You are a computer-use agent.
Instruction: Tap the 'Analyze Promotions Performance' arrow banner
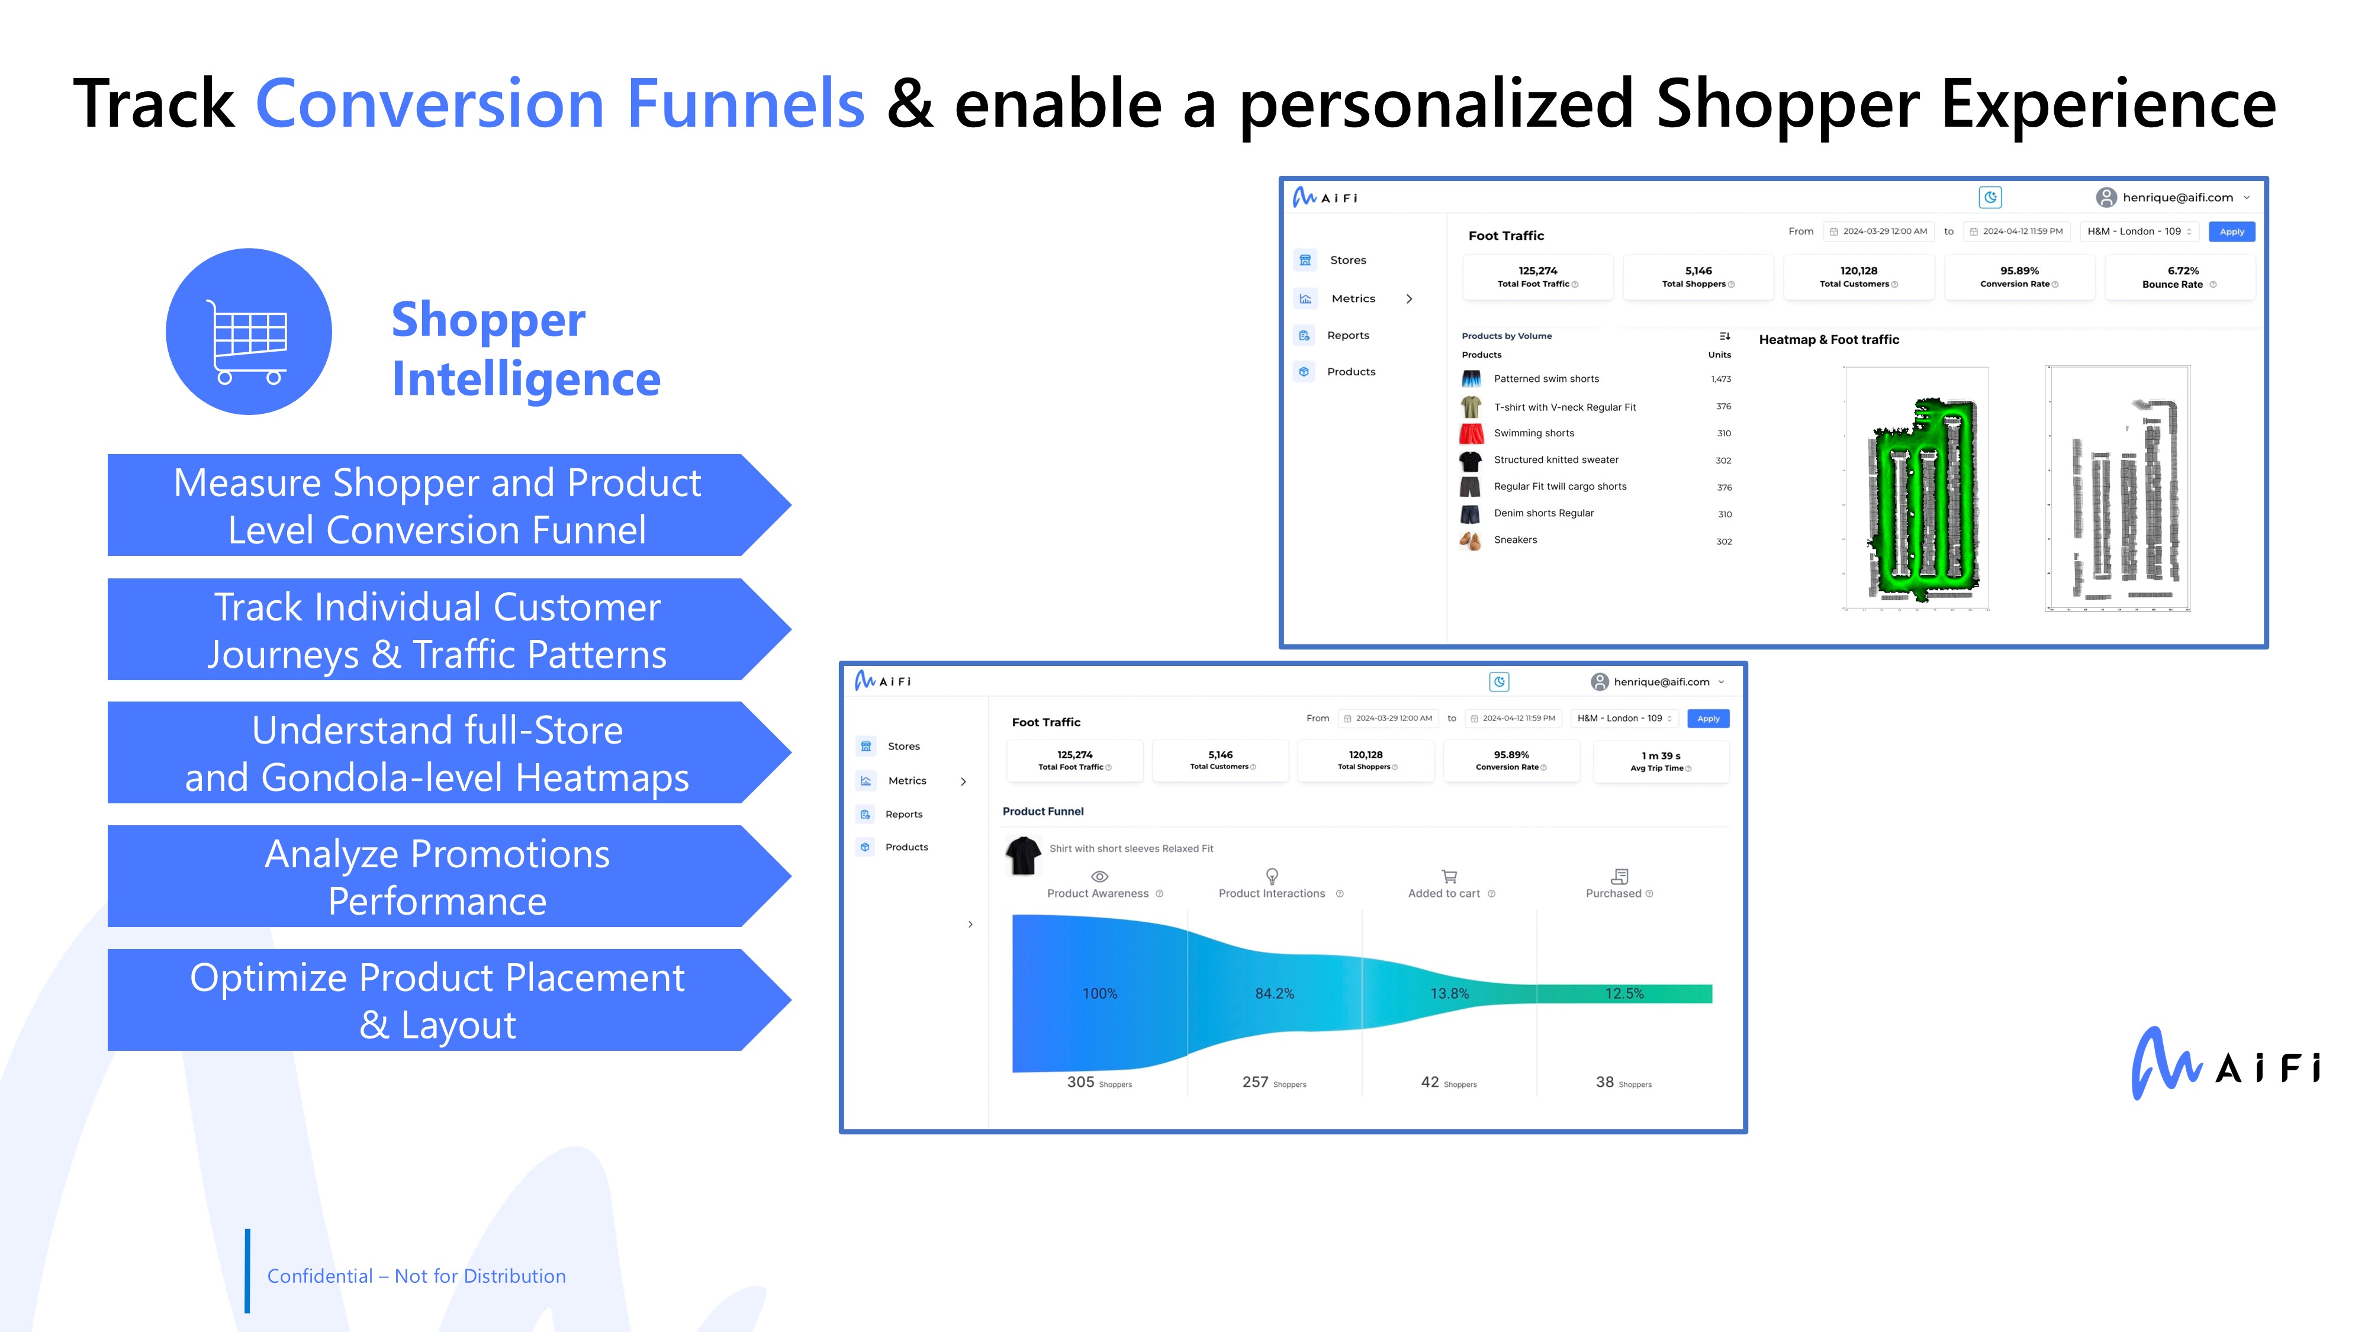(449, 876)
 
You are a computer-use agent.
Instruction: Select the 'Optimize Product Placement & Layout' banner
(449, 1000)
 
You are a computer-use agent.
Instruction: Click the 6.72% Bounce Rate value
(2182, 271)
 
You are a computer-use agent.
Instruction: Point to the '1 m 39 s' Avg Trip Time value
(1660, 755)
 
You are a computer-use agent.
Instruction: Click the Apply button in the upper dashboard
(2231, 231)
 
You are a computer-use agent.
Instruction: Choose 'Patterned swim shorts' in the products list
(1546, 379)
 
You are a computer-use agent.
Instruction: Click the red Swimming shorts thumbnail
(1471, 433)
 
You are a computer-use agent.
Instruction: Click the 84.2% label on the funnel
(1274, 994)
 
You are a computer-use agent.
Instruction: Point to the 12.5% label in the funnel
(1624, 994)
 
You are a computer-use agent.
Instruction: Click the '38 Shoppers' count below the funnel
(1623, 1083)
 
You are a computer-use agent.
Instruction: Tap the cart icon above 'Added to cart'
(1449, 876)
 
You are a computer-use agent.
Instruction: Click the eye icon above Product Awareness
(1099, 876)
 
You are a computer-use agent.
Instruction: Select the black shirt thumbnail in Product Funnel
(1023, 855)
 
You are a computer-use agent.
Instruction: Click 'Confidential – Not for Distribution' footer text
(416, 1276)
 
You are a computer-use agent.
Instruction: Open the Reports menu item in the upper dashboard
(1347, 336)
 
